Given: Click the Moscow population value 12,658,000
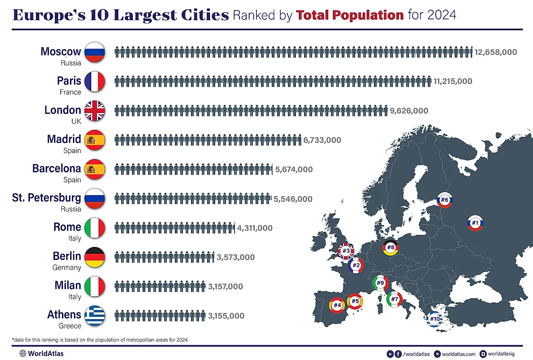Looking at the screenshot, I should pyautogui.click(x=495, y=52).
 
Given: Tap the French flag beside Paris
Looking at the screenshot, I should pyautogui.click(x=95, y=82).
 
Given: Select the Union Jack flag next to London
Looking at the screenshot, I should pyautogui.click(x=95, y=111).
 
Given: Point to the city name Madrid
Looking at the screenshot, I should pyautogui.click(x=64, y=139).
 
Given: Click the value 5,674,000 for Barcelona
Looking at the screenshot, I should pyautogui.click(x=294, y=170).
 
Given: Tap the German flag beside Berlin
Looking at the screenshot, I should pyautogui.click(x=95, y=257).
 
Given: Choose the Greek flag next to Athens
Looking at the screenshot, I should pyautogui.click(x=95, y=315).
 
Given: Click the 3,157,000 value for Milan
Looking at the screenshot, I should pyautogui.click(x=225, y=287).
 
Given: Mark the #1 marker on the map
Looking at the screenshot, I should pyautogui.click(x=475, y=222).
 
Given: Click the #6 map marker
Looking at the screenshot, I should pyautogui.click(x=445, y=200).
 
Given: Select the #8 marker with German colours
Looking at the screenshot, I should pyautogui.click(x=390, y=247).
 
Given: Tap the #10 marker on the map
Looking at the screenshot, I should pyautogui.click(x=434, y=319).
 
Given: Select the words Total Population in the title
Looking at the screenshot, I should pyautogui.click(x=350, y=15).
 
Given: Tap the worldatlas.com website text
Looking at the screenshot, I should pyautogui.click(x=459, y=354).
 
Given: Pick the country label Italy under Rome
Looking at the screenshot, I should pyautogui.click(x=74, y=238).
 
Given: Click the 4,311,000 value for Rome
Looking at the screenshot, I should pyautogui.click(x=255, y=228).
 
